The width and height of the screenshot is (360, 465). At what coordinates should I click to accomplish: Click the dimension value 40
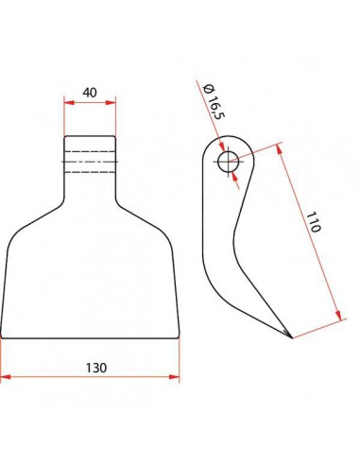tap(90, 93)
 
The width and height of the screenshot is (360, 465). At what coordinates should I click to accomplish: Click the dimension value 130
tap(96, 368)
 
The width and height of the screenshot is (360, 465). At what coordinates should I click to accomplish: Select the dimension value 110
tap(314, 222)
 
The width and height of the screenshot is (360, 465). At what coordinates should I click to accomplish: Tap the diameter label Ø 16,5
tap(214, 101)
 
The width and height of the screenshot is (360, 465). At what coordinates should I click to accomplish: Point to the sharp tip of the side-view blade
tap(292, 338)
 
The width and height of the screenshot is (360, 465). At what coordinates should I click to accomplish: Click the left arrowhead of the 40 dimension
tap(69, 102)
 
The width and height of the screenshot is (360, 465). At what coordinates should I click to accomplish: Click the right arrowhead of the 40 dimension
tap(111, 102)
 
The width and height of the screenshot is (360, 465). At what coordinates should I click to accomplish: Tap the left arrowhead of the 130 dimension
tap(6, 377)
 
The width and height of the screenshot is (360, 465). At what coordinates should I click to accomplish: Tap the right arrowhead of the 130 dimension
tap(174, 377)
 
